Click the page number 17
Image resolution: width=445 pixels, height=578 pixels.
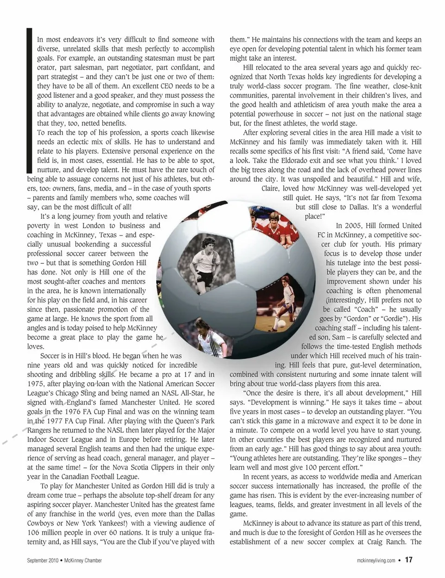point(408,560)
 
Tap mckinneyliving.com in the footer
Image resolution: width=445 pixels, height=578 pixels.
point(376,560)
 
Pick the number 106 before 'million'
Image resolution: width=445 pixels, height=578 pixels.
point(34,532)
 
